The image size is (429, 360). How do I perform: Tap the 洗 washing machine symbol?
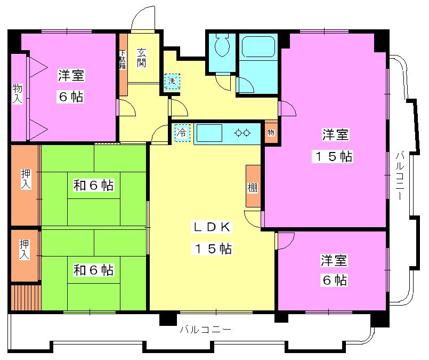[172, 82]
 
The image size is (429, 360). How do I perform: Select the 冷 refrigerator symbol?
[182, 132]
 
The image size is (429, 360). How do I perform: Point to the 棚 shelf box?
[253, 186]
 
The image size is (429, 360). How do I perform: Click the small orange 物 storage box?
[271, 132]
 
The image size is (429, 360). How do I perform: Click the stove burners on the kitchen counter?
[243, 132]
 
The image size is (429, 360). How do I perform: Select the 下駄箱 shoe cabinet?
[123, 60]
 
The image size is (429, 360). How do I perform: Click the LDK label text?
[212, 227]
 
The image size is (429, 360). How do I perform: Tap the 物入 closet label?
[17, 93]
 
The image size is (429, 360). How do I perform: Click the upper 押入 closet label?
[25, 179]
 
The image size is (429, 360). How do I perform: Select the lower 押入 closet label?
[25, 250]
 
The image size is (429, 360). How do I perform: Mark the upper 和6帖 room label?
[93, 186]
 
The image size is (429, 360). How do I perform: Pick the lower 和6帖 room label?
[93, 270]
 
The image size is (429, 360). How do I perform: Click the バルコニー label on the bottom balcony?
[205, 330]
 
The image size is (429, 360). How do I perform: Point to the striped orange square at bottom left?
[26, 297]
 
